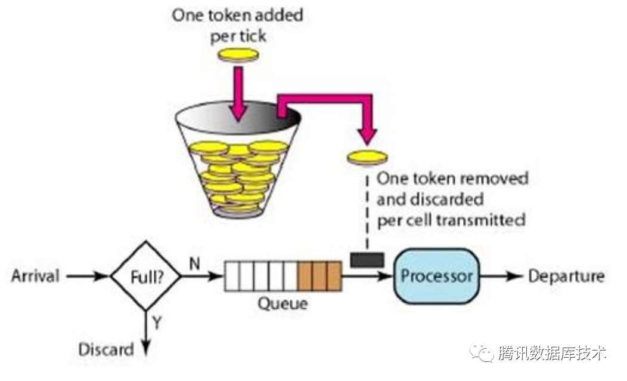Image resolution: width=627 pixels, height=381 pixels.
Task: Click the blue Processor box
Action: point(436,276)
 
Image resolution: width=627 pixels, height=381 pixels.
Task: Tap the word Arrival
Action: point(35,276)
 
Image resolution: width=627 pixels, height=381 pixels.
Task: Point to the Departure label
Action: point(566,276)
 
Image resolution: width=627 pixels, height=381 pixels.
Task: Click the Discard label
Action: point(106,349)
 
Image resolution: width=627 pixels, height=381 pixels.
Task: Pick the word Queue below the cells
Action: point(283,303)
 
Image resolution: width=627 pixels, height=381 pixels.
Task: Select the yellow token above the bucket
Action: point(238,55)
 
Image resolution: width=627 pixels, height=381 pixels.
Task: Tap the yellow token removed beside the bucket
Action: point(367,157)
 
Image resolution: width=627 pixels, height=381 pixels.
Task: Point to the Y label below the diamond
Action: point(157,323)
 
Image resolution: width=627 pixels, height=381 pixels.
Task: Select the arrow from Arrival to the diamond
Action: point(88,276)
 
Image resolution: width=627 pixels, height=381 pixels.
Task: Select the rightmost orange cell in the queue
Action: point(334,276)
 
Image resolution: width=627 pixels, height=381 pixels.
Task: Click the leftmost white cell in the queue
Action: point(232,276)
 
